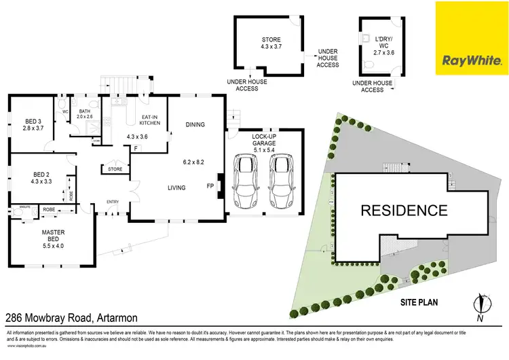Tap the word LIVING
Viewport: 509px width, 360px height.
pyautogui.click(x=177, y=187)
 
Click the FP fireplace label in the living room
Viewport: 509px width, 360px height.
pyautogui.click(x=210, y=184)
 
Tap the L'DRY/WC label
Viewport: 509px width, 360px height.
pyautogui.click(x=374, y=44)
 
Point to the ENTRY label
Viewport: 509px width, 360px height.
pyautogui.click(x=111, y=201)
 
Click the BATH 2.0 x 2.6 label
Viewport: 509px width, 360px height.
pyautogui.click(x=85, y=114)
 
